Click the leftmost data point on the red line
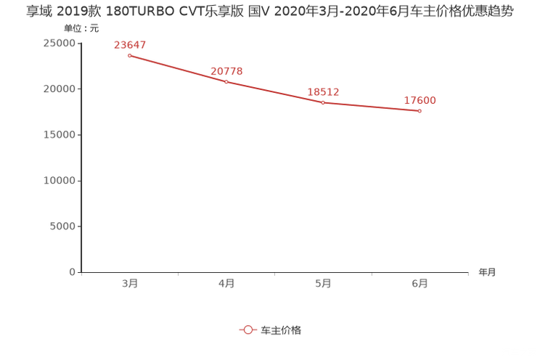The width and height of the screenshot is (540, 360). [129, 54]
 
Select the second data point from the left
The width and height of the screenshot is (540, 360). [226, 81]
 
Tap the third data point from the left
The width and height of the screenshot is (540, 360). [323, 102]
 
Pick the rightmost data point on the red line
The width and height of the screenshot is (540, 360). [420, 111]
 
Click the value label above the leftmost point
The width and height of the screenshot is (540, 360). [130, 45]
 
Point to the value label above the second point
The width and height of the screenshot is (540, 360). [226, 71]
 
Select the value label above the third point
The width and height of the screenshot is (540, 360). [324, 93]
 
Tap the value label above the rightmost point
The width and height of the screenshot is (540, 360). [420, 102]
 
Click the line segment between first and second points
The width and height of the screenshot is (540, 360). [178, 68]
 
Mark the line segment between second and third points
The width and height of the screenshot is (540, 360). [274, 92]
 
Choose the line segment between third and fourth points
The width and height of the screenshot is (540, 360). [372, 107]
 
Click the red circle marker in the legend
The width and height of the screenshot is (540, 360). [248, 330]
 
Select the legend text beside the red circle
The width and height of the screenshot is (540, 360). [281, 330]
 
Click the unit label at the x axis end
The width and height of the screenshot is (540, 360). [487, 273]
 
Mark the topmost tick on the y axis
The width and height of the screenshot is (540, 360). [79, 41]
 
